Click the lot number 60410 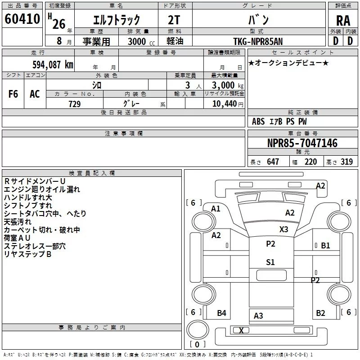[22, 19]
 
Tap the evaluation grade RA [343, 21]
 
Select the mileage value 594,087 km [53, 65]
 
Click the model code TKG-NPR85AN [258, 41]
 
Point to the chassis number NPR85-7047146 [302, 143]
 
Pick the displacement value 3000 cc [141, 41]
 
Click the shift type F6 [13, 94]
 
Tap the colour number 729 [75, 104]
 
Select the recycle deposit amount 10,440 [225, 104]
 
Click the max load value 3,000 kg [228, 85]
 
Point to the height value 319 [346, 162]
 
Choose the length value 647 [273, 162]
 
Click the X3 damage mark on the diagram [284, 229]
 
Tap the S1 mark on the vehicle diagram [270, 262]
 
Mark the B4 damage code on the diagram [221, 313]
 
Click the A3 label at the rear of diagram [258, 316]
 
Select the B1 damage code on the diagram [325, 246]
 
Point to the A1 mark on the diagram [216, 209]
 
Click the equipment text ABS [258, 121]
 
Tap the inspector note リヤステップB [27, 254]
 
